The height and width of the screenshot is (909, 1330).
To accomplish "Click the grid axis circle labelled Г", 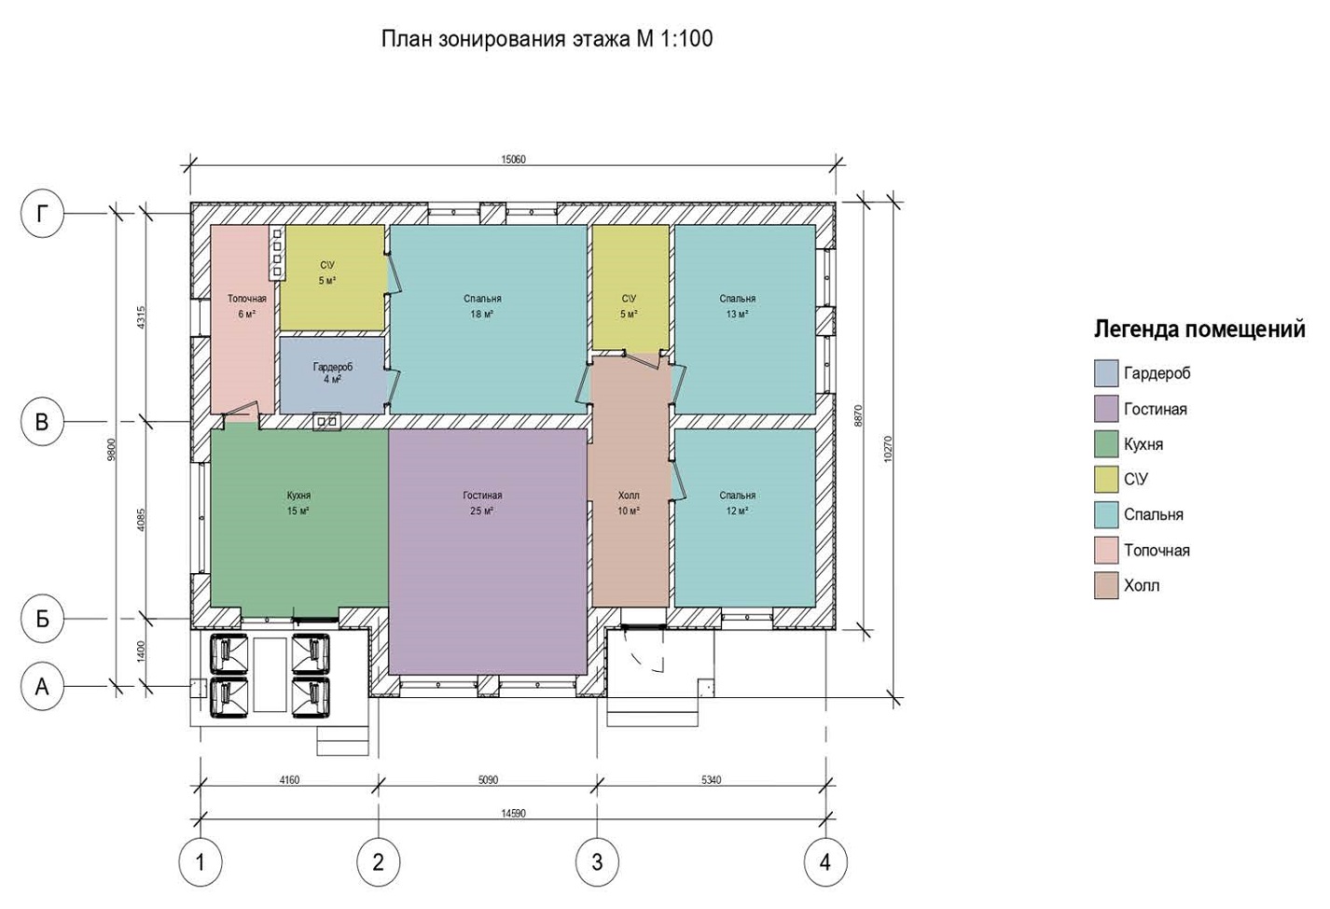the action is tap(42, 214).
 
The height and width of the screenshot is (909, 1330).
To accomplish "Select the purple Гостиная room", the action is tap(488, 552).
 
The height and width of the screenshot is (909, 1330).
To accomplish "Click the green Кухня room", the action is tap(299, 522).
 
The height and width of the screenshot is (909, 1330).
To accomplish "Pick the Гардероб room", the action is tap(332, 375).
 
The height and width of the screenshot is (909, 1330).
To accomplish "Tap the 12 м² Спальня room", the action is tap(744, 517).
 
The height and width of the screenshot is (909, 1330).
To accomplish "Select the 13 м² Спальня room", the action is tap(744, 319).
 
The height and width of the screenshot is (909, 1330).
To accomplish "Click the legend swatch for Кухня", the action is tap(1106, 444).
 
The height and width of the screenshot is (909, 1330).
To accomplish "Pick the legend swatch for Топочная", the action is tap(1106, 550).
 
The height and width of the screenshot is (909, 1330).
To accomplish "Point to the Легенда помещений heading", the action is tap(1199, 329).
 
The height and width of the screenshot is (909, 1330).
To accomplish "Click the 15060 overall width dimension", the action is tap(514, 160).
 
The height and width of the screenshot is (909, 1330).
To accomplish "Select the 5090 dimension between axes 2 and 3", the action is tap(488, 779).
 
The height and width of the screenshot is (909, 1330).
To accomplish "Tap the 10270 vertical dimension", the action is tap(888, 450).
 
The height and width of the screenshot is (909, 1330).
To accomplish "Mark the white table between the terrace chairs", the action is tap(270, 675).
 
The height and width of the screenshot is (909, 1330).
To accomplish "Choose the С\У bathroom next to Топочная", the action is tap(332, 277).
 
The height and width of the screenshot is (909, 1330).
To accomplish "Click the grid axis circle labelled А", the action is tap(42, 688).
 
